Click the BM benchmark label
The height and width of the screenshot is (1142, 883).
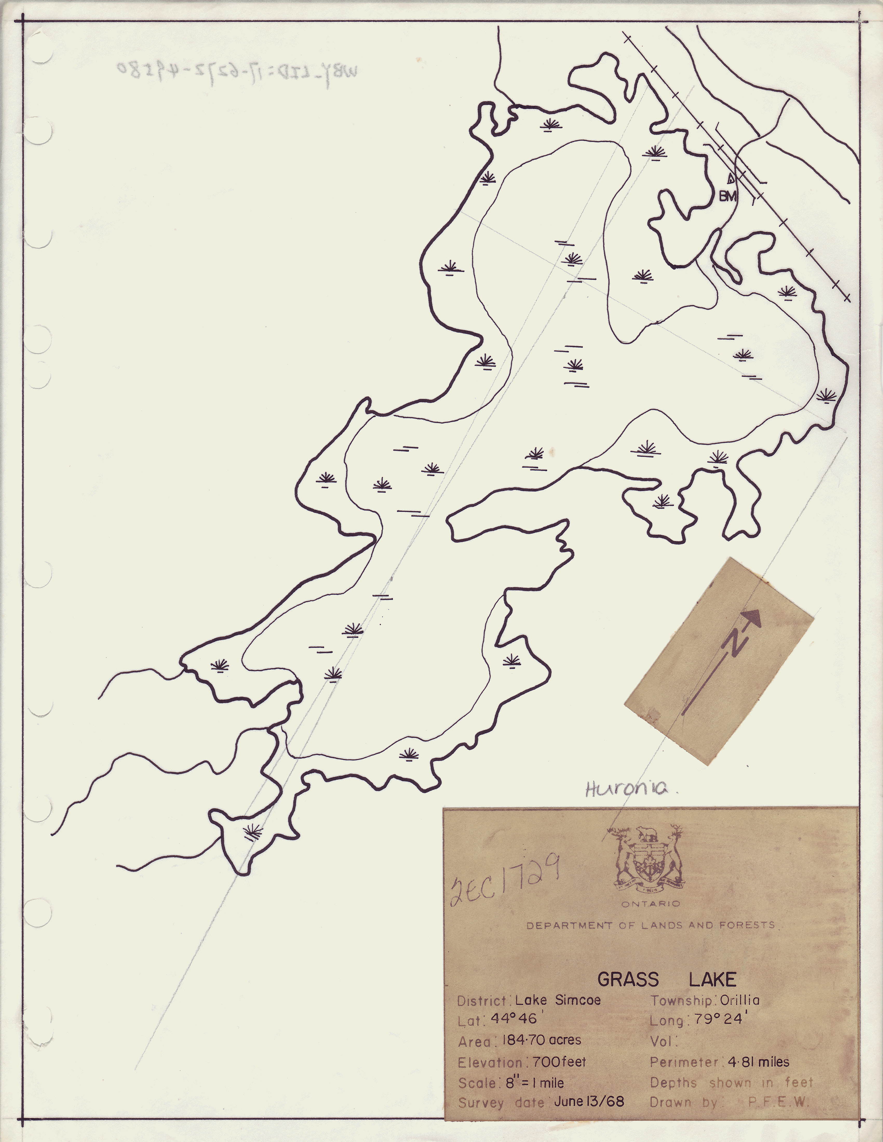[728, 196]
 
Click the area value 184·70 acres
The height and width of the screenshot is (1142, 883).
[541, 1040]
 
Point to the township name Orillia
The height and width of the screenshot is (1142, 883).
[740, 1000]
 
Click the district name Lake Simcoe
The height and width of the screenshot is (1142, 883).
[558, 1000]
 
